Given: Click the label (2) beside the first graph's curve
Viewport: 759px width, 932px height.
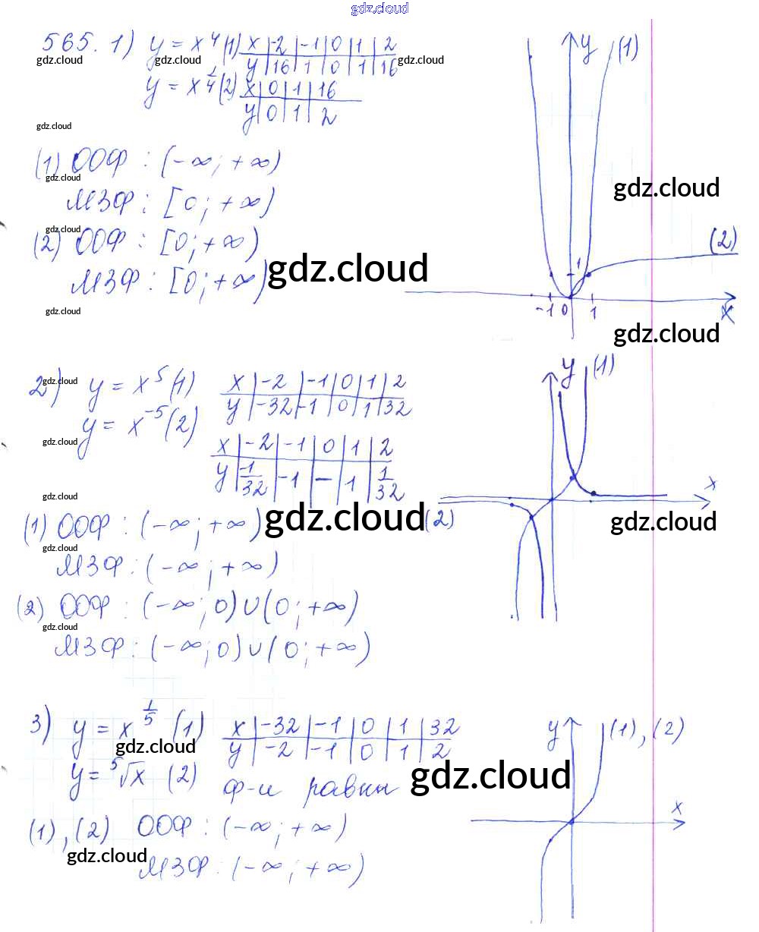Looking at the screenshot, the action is [723, 241].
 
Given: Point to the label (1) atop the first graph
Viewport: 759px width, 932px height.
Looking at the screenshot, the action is [627, 49].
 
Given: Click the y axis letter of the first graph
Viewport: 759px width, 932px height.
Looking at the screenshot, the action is [587, 47].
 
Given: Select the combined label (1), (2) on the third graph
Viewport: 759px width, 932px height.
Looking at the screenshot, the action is [647, 731].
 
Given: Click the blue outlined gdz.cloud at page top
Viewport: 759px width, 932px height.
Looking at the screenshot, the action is [379, 8].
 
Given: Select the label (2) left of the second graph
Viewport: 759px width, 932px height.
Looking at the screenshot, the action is [439, 520].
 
